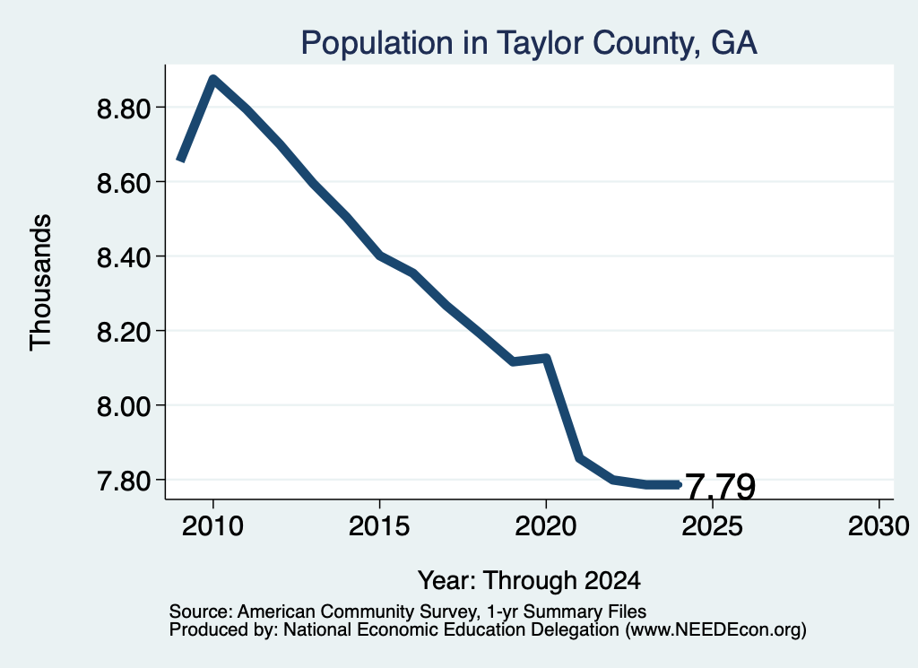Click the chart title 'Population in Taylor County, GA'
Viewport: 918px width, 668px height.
point(529,43)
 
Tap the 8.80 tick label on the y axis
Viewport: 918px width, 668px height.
point(124,108)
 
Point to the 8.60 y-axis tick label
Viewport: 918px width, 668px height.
point(124,183)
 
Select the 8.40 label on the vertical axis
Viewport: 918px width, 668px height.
point(124,257)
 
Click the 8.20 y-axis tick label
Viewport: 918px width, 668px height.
point(124,332)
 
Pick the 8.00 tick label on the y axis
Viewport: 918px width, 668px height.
point(124,405)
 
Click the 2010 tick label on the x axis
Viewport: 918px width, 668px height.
point(212,525)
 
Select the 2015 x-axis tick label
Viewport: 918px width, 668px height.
point(379,525)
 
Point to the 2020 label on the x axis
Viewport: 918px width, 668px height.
point(546,525)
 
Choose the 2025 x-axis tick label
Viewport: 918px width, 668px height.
point(713,525)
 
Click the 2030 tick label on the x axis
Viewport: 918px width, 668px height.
point(879,525)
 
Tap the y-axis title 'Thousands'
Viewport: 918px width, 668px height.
point(40,282)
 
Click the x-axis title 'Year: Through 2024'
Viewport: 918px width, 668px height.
point(529,580)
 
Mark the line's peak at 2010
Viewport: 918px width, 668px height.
point(213,79)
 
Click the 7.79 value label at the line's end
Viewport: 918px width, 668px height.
point(720,487)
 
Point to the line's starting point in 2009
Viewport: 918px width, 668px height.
point(181,160)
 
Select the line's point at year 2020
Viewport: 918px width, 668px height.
point(546,358)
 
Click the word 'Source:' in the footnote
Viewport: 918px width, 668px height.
point(201,612)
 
